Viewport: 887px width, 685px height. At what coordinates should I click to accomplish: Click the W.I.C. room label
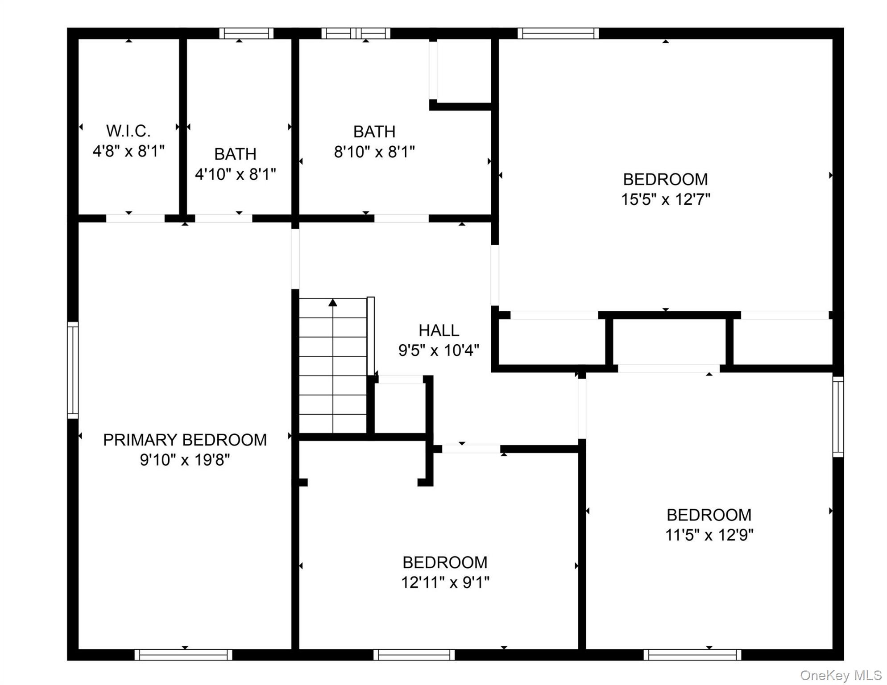pyautogui.click(x=128, y=131)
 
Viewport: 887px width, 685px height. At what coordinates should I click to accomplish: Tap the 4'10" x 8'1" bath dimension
pyautogui.click(x=236, y=174)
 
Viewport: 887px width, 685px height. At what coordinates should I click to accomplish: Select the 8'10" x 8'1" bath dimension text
pyautogui.click(x=374, y=152)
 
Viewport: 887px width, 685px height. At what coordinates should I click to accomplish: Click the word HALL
pyautogui.click(x=439, y=330)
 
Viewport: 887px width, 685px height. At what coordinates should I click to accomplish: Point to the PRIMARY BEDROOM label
pyautogui.click(x=185, y=440)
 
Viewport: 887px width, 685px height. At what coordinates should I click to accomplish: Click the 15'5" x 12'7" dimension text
pyautogui.click(x=666, y=199)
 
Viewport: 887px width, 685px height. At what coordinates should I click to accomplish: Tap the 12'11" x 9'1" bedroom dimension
pyautogui.click(x=445, y=582)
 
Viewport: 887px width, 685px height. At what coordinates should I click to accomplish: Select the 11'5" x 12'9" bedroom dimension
pyautogui.click(x=709, y=535)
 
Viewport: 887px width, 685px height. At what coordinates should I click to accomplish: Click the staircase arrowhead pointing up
pyautogui.click(x=333, y=303)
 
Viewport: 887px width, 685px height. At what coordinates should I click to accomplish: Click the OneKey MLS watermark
pyautogui.click(x=841, y=675)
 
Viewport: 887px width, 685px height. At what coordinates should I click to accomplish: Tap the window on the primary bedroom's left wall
pyautogui.click(x=73, y=370)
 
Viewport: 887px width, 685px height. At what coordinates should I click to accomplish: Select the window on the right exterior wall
pyautogui.click(x=838, y=417)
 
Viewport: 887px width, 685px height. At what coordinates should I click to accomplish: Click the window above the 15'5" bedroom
pyautogui.click(x=558, y=33)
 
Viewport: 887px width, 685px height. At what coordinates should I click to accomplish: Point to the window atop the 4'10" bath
pyautogui.click(x=246, y=33)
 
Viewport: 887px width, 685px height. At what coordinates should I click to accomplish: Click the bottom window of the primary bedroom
pyautogui.click(x=183, y=655)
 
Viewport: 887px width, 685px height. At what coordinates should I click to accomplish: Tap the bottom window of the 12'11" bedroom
pyautogui.click(x=414, y=655)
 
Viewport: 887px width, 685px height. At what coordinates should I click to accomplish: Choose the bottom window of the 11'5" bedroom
pyautogui.click(x=692, y=655)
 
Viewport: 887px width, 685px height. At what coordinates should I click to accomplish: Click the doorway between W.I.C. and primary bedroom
pyautogui.click(x=135, y=219)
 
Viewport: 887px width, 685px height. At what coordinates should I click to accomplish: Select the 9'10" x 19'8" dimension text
pyautogui.click(x=185, y=460)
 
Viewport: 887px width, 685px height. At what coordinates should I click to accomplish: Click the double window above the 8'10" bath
pyautogui.click(x=356, y=33)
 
